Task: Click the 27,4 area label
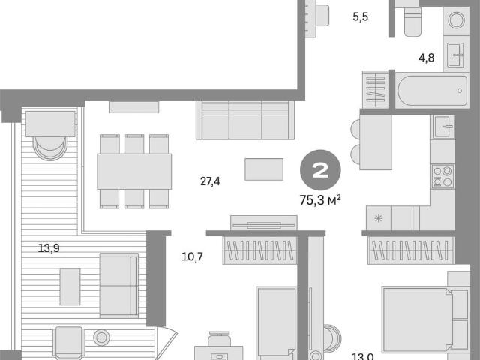210,181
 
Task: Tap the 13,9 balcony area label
49,248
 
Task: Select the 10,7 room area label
192,256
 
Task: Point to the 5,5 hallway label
360,16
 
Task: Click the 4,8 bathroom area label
427,58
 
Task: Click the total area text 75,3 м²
320,200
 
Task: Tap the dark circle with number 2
320,170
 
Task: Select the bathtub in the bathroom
432,90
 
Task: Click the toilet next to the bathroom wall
412,21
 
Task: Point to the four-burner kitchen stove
442,176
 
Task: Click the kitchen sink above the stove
443,127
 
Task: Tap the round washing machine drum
456,20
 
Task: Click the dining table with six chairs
134,172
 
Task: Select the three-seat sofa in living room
245,120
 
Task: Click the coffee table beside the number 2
264,169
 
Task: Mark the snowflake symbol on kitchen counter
378,218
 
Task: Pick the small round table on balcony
102,337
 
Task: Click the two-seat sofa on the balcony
119,285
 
